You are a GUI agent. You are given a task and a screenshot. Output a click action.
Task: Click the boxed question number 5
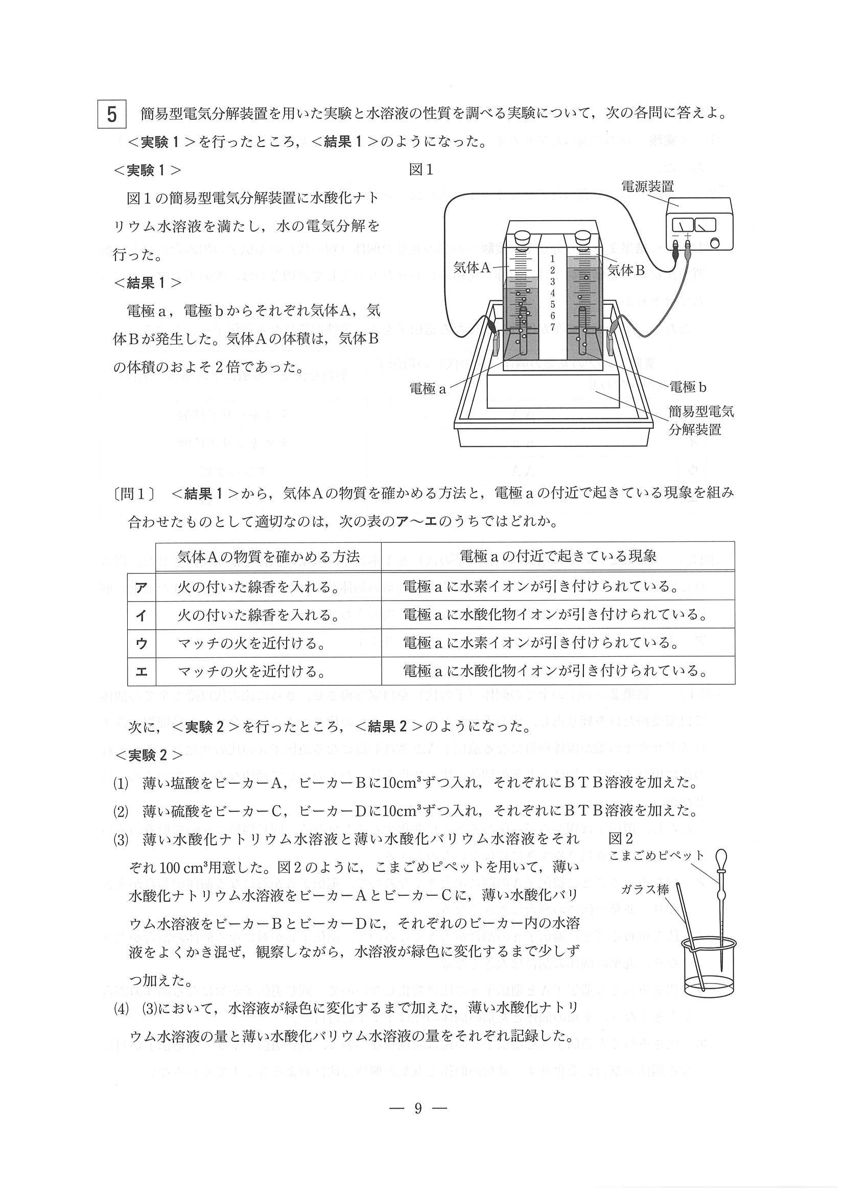[111, 114]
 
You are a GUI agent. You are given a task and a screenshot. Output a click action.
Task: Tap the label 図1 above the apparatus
[421, 170]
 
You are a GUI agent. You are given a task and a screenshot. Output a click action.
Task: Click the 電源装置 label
[647, 186]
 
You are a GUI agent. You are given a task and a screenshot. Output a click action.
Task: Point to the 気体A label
[472, 268]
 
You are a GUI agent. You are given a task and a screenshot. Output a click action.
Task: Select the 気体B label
[626, 270]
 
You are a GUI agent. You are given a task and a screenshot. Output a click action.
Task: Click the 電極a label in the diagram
[428, 388]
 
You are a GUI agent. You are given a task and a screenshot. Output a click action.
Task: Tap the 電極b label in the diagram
[688, 387]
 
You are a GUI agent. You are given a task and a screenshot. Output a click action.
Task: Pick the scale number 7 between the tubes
[552, 327]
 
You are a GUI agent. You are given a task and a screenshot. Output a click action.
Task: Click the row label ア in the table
[141, 588]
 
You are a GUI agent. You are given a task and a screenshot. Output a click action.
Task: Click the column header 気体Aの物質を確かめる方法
[268, 556]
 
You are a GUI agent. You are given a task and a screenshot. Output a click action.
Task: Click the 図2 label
[620, 839]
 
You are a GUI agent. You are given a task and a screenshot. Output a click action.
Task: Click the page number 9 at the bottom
[417, 1109]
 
